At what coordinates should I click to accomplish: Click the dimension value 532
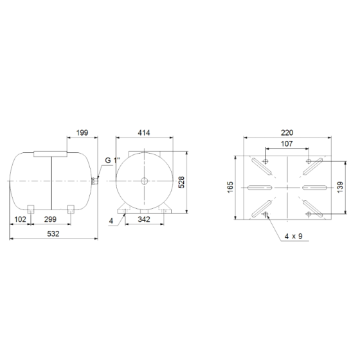click(x=53, y=234)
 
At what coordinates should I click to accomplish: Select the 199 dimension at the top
click(x=82, y=132)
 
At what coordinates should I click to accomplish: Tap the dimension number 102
click(x=20, y=219)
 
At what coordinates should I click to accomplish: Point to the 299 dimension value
click(x=50, y=219)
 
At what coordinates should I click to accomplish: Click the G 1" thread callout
click(x=113, y=160)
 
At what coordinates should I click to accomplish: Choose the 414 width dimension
click(x=144, y=132)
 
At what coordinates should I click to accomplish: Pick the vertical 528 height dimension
click(x=181, y=183)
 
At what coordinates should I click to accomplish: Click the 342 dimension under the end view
click(x=144, y=219)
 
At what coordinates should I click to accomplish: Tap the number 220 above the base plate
click(x=287, y=132)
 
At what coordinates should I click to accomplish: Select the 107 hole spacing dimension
click(x=287, y=144)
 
